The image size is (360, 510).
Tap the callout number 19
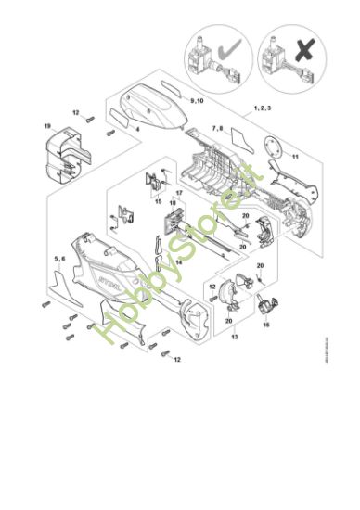click(x=46, y=124)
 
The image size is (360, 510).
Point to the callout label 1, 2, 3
click(x=264, y=108)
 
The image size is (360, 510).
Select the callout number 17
click(x=179, y=193)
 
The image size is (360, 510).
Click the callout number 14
click(x=178, y=262)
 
